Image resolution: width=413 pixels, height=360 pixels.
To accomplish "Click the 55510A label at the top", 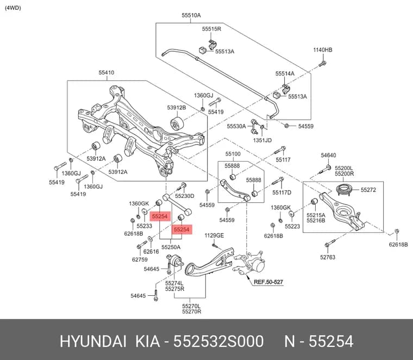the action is point(191,15).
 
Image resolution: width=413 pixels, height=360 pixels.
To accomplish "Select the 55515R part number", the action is point(211,29).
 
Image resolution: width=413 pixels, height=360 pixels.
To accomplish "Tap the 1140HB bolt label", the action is point(323,50).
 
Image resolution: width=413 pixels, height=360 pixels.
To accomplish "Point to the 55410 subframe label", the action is point(107,72).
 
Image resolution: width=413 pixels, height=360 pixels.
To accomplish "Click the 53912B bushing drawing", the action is point(177,123).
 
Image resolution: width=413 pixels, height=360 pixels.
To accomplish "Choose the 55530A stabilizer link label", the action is point(236,126).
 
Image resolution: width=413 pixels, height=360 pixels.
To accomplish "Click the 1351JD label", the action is point(262,140).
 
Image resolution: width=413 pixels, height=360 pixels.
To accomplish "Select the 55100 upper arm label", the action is point(233,154).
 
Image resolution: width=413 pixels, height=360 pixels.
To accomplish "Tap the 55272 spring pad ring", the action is point(345,190).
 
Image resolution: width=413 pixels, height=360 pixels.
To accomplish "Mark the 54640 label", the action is point(328,156).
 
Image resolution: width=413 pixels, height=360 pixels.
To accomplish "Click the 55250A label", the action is point(171,247).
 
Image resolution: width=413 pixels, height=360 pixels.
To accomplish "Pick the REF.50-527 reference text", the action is point(268,282).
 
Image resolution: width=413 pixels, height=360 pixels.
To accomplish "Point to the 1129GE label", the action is point(214,235).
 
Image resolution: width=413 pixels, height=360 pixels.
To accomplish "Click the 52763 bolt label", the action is point(328,257).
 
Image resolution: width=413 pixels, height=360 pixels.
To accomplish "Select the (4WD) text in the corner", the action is point(13,8).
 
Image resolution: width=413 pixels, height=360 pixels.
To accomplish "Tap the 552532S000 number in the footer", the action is point(218,342).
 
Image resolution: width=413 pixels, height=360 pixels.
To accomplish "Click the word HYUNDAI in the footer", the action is point(93,342).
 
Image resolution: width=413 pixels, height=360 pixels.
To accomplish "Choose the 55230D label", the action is point(185,196).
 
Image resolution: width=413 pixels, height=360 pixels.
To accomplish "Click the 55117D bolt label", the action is point(282,193).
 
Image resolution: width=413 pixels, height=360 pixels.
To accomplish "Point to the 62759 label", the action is point(140,259).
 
